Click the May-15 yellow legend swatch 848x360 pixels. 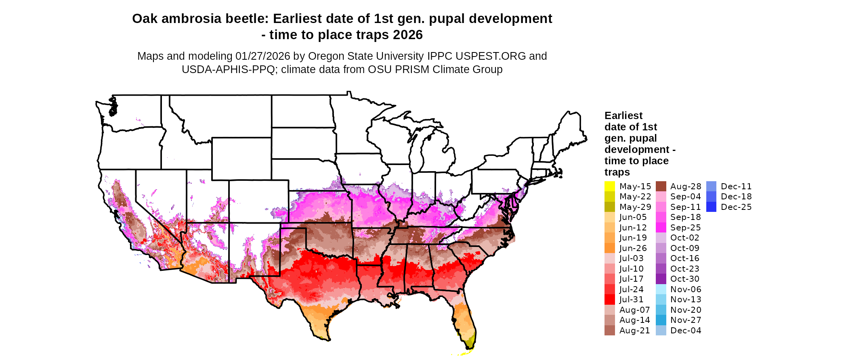609,186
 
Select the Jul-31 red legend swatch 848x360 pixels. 609,299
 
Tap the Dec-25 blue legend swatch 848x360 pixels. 711,207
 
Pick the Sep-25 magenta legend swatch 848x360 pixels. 661,228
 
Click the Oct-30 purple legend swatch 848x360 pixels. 661,279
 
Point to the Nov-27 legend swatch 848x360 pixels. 661,320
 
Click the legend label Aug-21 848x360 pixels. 635,331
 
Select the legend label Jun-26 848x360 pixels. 633,248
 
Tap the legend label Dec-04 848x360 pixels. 686,331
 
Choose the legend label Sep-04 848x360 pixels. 686,197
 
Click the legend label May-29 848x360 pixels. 635,207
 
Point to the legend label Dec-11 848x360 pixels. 736,186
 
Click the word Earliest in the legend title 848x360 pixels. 623,116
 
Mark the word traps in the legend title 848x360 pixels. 617,172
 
